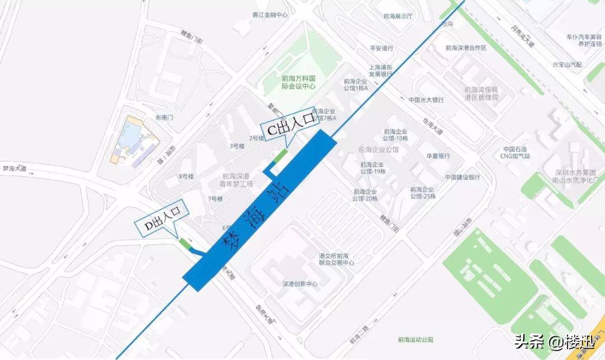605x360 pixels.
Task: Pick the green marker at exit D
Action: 184,244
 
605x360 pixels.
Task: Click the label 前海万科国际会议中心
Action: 299,83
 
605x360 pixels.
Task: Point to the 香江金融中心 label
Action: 270,15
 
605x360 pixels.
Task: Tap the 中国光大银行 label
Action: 426,100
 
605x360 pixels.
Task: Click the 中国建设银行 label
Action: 462,177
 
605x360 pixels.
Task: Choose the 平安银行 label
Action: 381,48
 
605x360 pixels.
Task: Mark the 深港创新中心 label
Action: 300,284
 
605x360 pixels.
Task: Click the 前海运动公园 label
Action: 416,339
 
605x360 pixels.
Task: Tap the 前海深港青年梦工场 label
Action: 238,179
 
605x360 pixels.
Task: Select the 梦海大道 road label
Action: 13,168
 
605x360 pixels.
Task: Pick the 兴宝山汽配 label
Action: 567,65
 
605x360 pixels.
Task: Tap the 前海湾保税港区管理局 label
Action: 481,93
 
